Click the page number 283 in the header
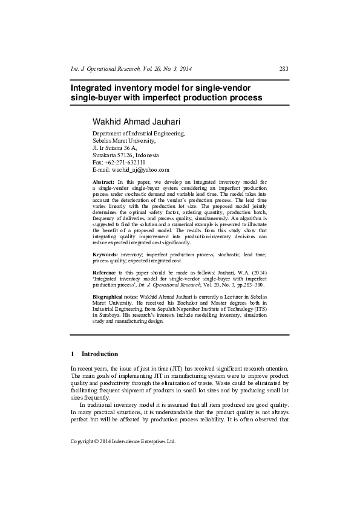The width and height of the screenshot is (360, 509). coord(283,69)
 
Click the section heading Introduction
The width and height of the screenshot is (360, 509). coord(100,354)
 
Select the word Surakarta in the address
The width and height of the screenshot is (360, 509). coord(105,155)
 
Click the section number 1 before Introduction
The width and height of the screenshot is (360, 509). coord(73,354)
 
